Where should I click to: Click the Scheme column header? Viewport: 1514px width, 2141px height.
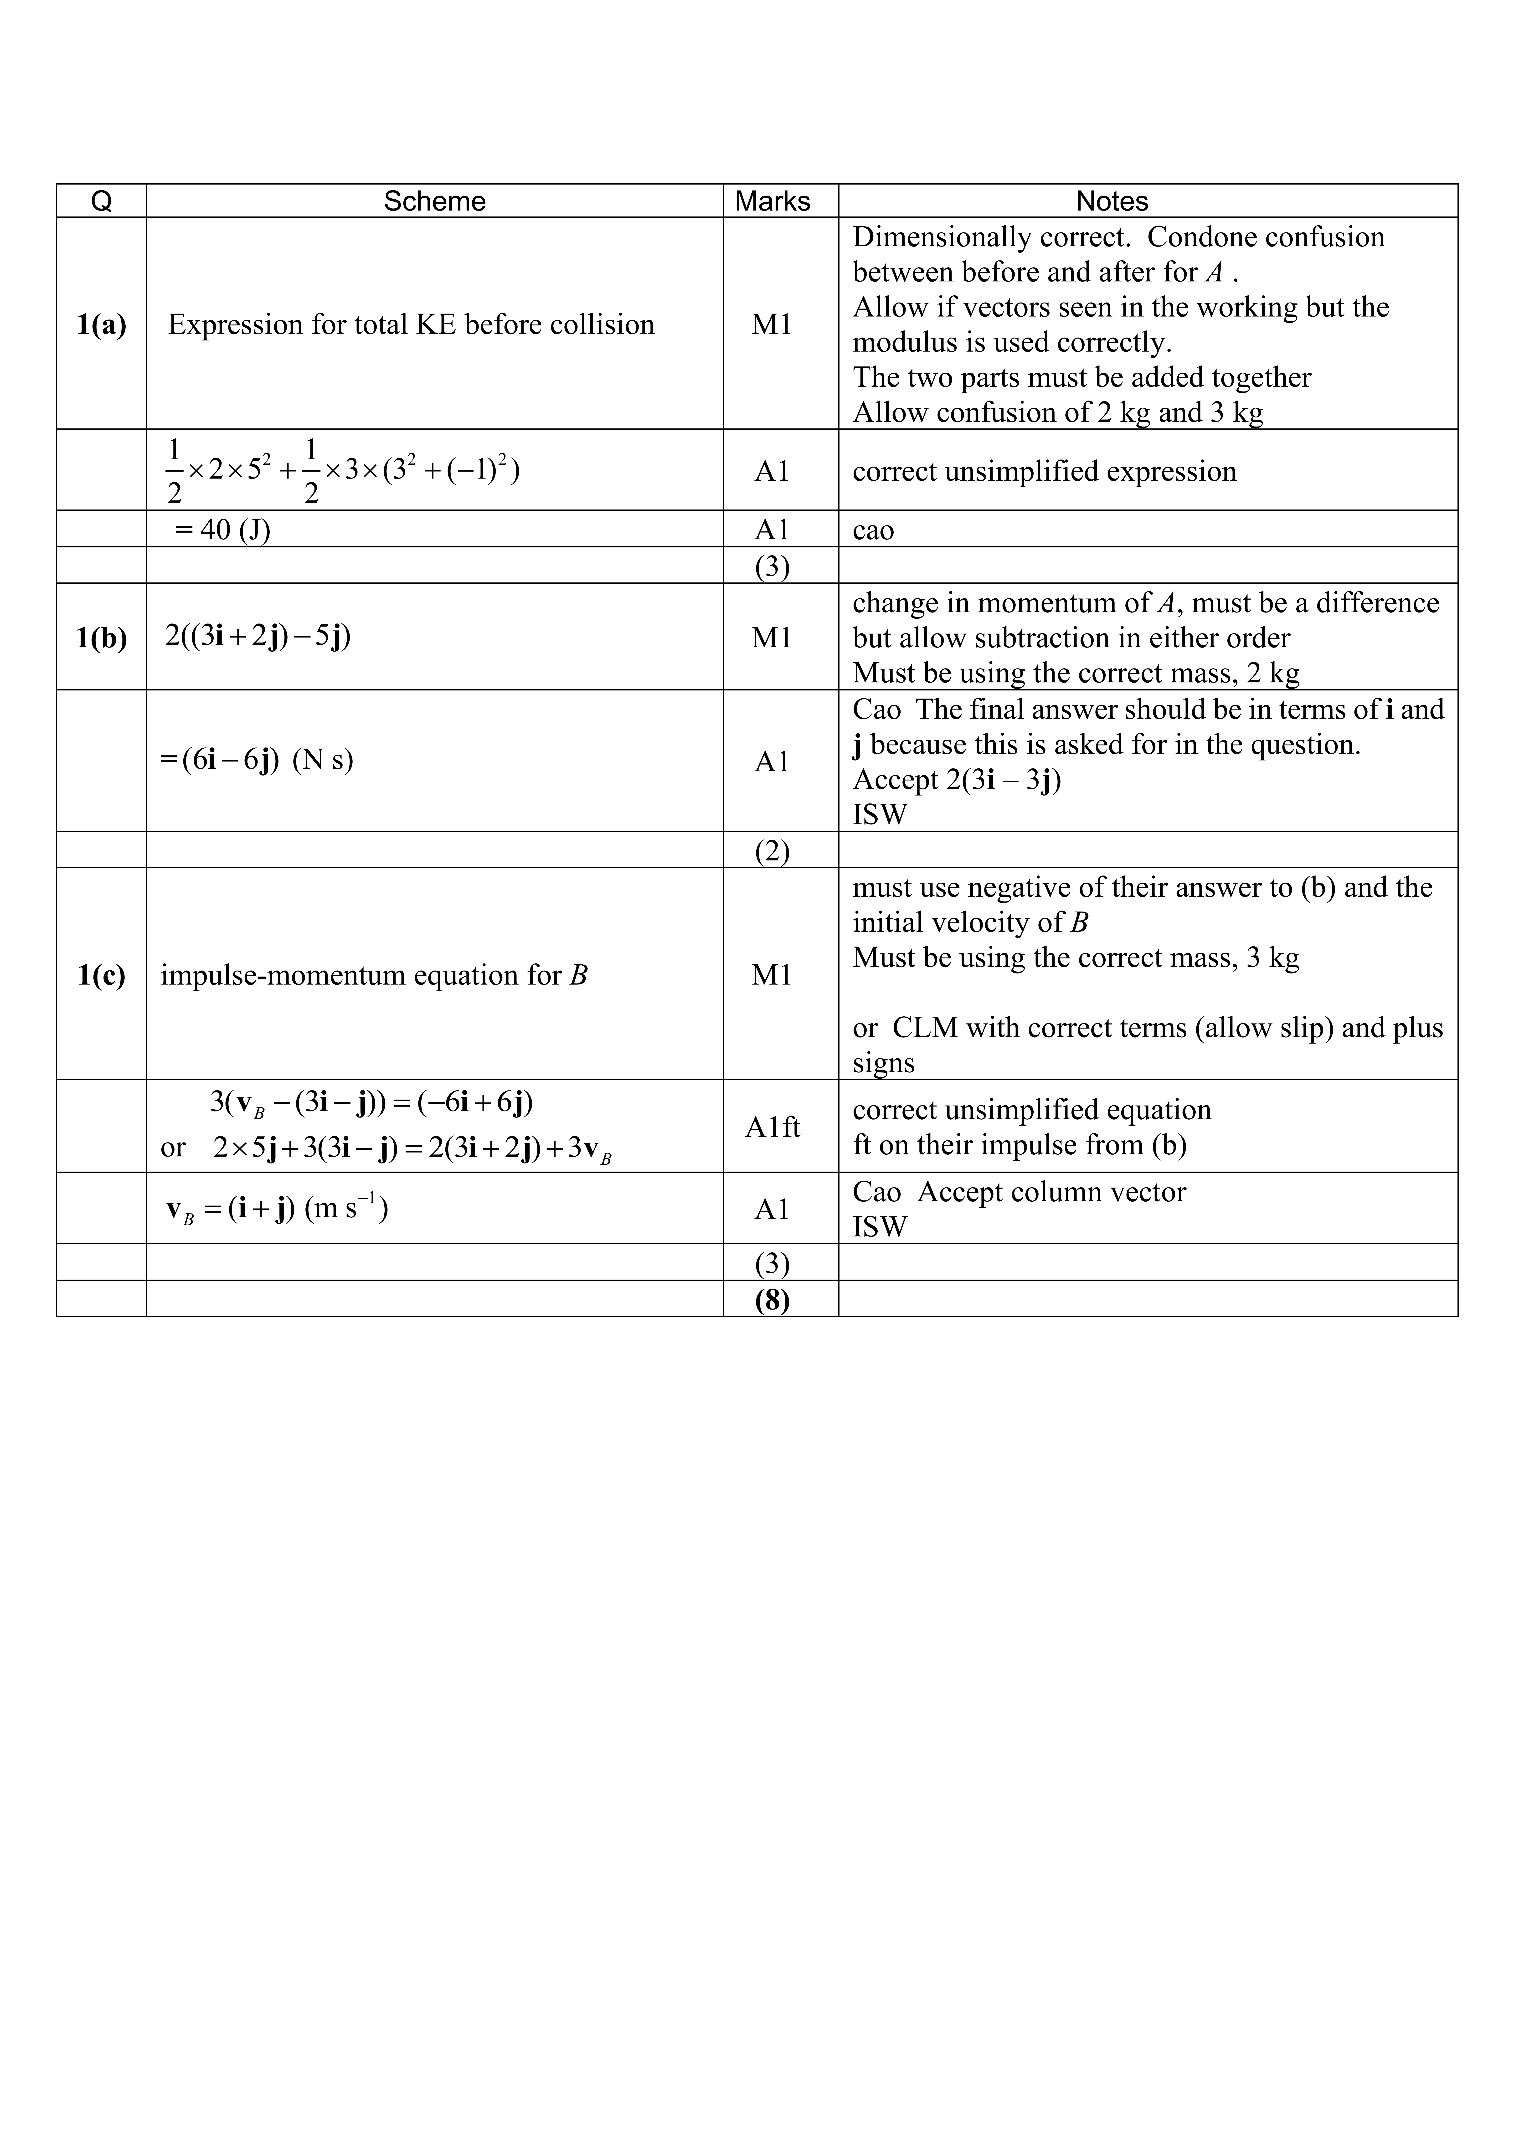point(434,201)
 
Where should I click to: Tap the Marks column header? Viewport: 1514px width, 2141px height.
point(772,201)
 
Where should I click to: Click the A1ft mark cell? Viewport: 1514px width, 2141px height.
point(772,1127)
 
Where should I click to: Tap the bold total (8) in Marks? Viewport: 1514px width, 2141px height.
point(772,1299)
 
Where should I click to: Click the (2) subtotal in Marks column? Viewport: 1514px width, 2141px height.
point(772,850)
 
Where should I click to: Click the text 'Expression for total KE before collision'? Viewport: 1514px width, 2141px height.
point(411,324)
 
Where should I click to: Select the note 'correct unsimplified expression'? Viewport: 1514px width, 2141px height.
point(1044,471)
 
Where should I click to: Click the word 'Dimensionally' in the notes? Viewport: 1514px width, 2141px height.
point(943,237)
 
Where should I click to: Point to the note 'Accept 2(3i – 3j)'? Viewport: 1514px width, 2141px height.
point(957,780)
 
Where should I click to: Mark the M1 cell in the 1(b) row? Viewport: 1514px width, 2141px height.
point(772,638)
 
